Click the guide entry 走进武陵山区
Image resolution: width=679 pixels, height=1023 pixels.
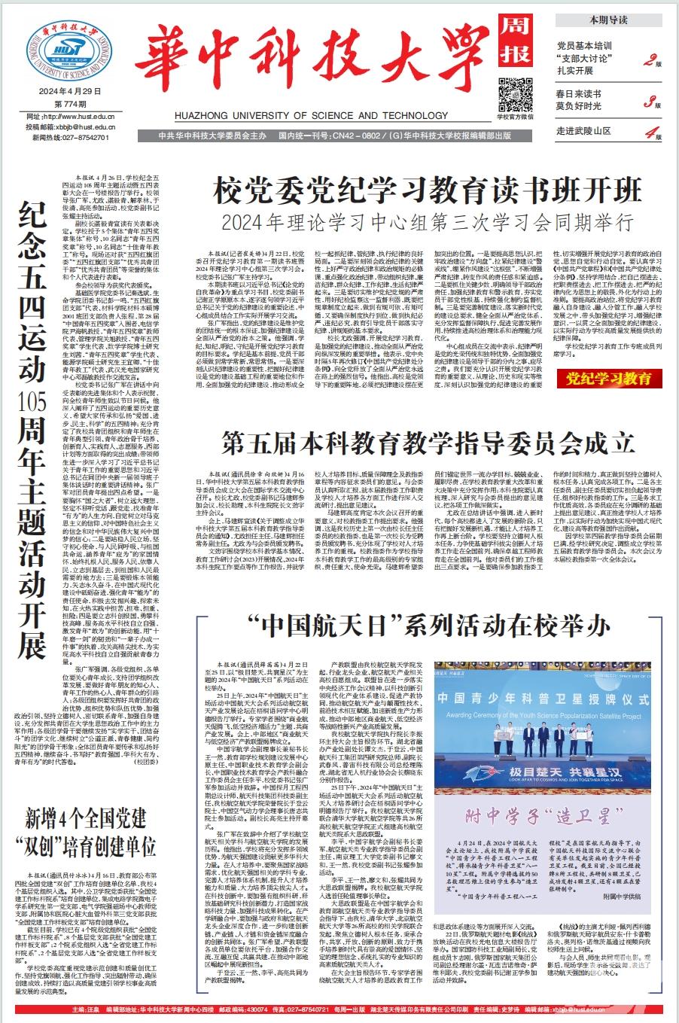pyautogui.click(x=582, y=131)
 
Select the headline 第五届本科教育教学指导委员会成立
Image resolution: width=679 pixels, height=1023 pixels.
pyautogui.click(x=426, y=442)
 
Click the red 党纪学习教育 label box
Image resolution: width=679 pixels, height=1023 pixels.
pyautogui.click(x=609, y=378)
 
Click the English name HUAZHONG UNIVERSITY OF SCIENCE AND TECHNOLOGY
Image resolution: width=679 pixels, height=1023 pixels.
pyautogui.click(x=330, y=116)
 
